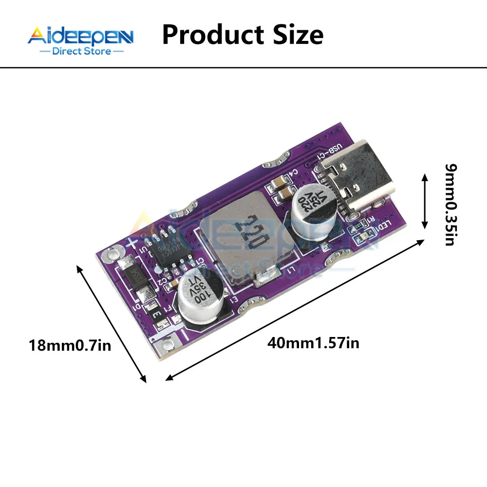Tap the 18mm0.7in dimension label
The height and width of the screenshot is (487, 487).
point(70,346)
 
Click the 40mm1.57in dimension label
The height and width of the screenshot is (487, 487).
point(314,343)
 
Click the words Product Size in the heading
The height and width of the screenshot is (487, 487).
point(243,35)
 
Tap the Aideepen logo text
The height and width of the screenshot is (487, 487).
point(80,37)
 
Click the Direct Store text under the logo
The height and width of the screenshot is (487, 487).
point(81,51)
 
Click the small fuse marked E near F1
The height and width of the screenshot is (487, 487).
point(157,315)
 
